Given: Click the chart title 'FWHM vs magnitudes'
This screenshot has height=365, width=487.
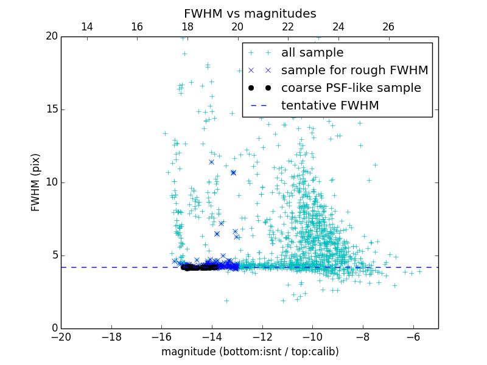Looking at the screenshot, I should [250, 13].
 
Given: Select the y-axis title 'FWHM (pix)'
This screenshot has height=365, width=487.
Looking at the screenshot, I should [36, 182].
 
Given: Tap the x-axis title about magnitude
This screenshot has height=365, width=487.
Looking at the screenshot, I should [250, 352].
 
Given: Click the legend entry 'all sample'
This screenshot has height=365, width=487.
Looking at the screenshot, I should [312, 53].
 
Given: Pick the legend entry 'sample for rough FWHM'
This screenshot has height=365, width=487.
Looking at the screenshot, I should [354, 71].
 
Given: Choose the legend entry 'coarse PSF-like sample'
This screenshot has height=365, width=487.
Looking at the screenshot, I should [351, 88].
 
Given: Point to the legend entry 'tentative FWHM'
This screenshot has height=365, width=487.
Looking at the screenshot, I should [329, 106].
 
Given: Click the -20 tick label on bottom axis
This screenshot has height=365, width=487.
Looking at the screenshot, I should [61, 336].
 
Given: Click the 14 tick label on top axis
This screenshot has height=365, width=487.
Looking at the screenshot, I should [86, 27].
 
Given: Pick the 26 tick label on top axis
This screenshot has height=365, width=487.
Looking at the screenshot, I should [388, 27].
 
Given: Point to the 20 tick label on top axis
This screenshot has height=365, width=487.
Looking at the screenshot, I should [237, 27].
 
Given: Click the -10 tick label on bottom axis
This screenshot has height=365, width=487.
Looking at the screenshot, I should [312, 336].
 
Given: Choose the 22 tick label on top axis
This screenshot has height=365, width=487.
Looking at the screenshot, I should [288, 27].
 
